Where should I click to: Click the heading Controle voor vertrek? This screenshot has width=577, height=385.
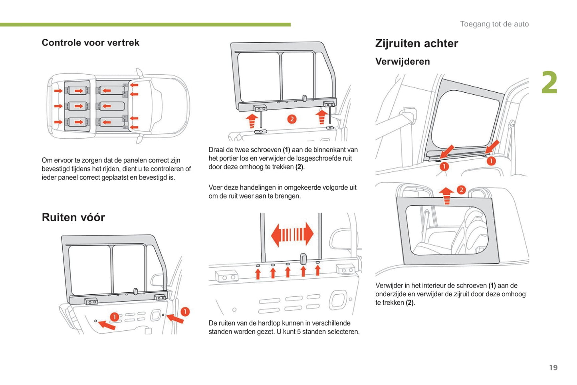tap(90, 43)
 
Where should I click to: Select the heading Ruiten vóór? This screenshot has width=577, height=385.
tap(73, 217)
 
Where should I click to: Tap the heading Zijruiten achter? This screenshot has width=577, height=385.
tap(416, 44)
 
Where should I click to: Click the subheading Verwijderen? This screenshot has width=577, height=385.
tap(403, 62)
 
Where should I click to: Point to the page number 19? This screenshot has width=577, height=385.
tap(553, 367)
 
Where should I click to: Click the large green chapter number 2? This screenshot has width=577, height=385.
tap(549, 83)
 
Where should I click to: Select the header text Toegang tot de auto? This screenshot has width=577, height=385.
tap(494, 24)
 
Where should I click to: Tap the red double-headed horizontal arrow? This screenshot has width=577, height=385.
tap(292, 234)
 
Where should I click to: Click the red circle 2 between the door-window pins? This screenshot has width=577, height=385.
tap(292, 119)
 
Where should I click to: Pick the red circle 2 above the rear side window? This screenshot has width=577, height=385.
tap(461, 190)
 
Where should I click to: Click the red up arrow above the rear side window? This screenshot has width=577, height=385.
tap(446, 196)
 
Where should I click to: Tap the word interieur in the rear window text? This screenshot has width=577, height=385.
tap(433, 286)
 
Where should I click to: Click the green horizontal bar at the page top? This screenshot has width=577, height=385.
tap(145, 25)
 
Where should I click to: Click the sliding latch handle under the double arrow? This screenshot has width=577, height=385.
tap(303, 260)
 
